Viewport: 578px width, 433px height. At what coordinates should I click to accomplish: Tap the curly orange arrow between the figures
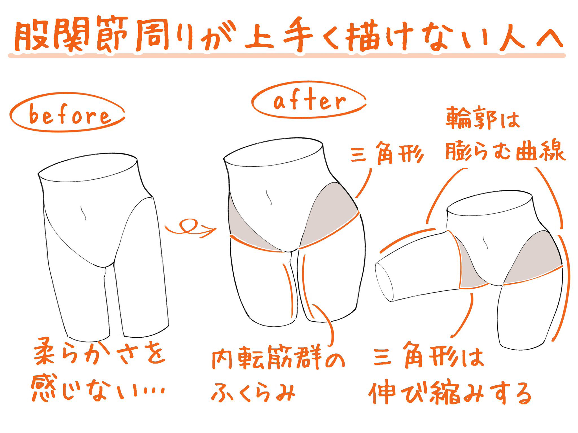190,227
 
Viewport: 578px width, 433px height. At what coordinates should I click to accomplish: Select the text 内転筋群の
278,360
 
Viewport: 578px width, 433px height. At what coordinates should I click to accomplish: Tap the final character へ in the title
549,40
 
